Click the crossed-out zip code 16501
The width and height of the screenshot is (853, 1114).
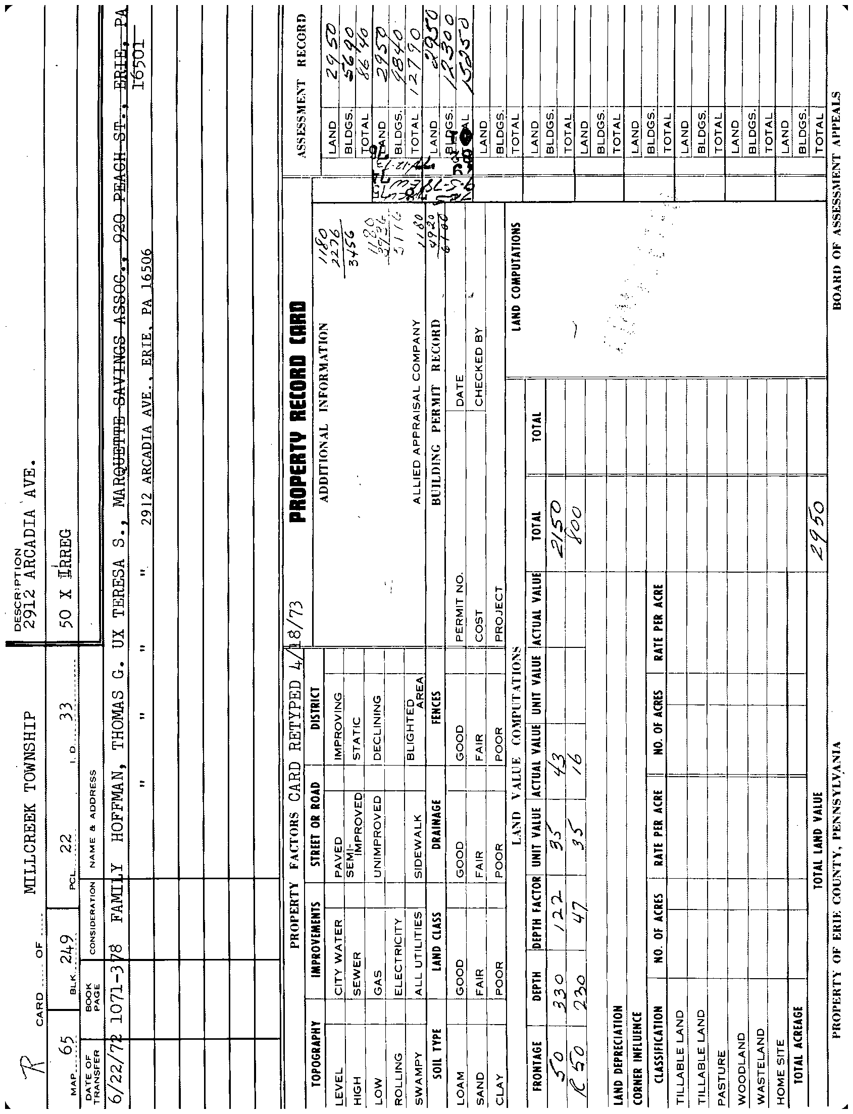(138, 63)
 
